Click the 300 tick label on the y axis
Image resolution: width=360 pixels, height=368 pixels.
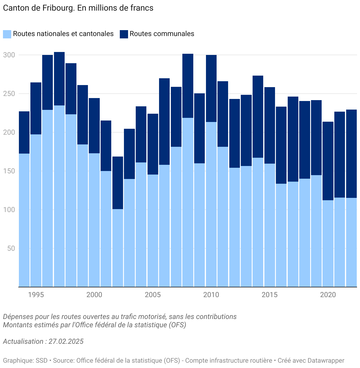[9, 55]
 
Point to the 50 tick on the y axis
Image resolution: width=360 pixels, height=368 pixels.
[11, 248]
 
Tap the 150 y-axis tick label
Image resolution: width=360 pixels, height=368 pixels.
[9, 171]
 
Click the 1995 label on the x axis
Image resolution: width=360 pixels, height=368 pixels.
[36, 294]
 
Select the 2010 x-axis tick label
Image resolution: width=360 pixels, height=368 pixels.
[211, 294]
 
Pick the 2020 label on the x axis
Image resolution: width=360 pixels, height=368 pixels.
[328, 294]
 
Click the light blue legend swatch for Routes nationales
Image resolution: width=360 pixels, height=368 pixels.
[7, 34]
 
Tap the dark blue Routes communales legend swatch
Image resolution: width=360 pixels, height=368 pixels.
[124, 34]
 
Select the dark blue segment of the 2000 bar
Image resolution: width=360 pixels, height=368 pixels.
[94, 126]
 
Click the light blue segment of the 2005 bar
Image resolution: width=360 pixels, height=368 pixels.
[153, 230]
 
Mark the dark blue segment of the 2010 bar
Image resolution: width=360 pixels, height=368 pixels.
[211, 89]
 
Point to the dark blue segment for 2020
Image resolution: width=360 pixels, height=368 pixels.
[328, 161]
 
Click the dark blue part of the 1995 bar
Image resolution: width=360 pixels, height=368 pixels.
[36, 108]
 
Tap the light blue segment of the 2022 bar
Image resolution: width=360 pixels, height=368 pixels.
[351, 242]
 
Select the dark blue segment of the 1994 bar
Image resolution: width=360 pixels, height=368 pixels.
[24, 132]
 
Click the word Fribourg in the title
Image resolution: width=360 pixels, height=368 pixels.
[59, 8]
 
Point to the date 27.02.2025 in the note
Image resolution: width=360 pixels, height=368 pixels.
[66, 341]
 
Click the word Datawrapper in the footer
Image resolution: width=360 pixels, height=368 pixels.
[326, 361]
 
